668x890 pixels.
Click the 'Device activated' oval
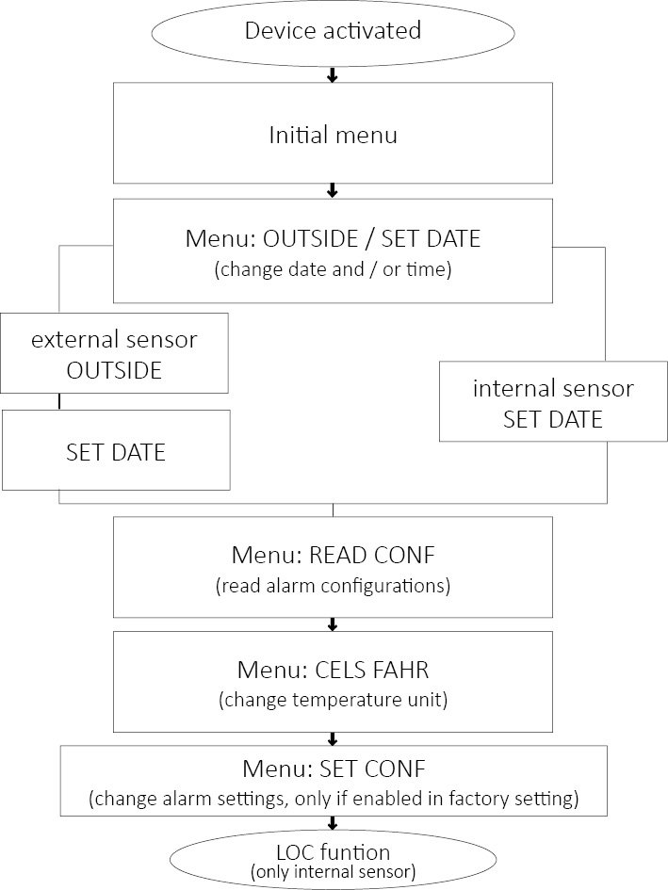point(333,31)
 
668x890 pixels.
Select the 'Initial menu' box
point(333,134)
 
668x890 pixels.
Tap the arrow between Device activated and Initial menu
point(333,74)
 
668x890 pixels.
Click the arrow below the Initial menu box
point(333,191)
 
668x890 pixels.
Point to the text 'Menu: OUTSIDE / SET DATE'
point(333,238)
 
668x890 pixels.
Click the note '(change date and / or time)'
point(333,268)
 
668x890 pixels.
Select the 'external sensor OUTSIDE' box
point(114,353)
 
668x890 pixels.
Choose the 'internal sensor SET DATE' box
point(552,403)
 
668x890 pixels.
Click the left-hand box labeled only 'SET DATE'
point(115,451)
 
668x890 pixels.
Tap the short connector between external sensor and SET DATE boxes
point(60,401)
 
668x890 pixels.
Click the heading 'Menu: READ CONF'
point(333,555)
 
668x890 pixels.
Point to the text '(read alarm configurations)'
point(333,586)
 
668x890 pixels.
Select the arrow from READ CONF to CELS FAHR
point(333,623)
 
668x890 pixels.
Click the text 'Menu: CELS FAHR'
point(333,671)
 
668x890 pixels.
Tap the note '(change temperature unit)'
point(333,701)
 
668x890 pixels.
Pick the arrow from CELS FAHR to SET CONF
point(333,738)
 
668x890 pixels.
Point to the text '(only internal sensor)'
point(333,871)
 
